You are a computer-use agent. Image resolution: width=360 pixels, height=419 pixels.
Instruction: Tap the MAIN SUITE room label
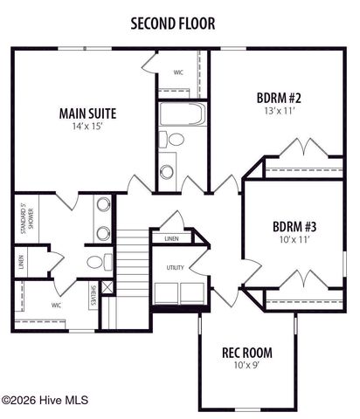[87, 113]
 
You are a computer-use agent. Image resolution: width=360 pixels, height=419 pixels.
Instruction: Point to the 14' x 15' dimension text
[87, 127]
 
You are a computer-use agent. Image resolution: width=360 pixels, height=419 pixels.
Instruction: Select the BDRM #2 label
[280, 97]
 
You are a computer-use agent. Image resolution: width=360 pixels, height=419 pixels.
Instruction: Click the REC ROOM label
[246, 353]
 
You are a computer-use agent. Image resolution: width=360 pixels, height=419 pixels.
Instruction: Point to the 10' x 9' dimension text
[246, 366]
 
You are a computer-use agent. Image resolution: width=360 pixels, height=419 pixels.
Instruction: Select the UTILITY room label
[175, 267]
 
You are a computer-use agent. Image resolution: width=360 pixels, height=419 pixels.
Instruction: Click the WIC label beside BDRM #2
[178, 72]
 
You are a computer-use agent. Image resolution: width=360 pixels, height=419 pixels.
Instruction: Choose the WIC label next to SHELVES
[56, 306]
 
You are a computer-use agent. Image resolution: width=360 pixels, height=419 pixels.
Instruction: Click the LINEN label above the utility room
[172, 237]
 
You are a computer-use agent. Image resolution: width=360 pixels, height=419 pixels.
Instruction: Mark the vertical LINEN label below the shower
[20, 262]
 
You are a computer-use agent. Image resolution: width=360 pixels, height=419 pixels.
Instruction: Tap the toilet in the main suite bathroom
[96, 262]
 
